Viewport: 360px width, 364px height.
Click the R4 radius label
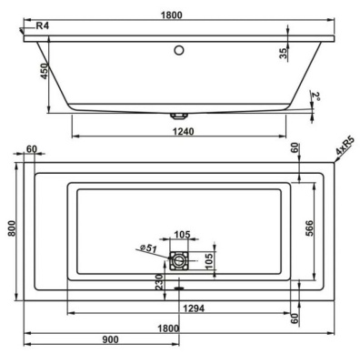pos(42,27)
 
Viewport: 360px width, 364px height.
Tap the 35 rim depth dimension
pos(284,54)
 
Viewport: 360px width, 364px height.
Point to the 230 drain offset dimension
pos(159,283)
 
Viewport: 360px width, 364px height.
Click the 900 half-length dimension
pos(108,339)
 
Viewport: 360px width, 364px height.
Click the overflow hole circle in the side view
pos(179,49)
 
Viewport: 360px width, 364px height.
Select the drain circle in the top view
pos(178,261)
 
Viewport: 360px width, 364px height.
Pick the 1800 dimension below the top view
pos(167,327)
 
